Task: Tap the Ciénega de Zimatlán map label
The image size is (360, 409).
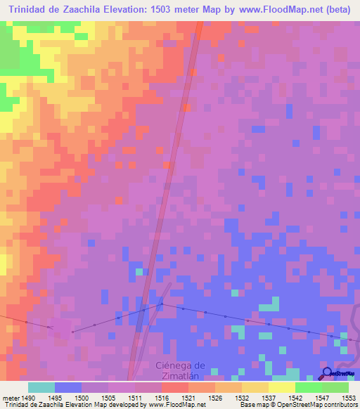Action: point(180,370)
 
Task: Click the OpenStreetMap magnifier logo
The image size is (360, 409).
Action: point(327,373)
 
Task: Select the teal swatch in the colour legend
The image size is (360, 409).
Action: point(41,387)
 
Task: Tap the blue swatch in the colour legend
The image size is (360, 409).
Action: point(67,387)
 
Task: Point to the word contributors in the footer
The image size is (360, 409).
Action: point(340,405)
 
